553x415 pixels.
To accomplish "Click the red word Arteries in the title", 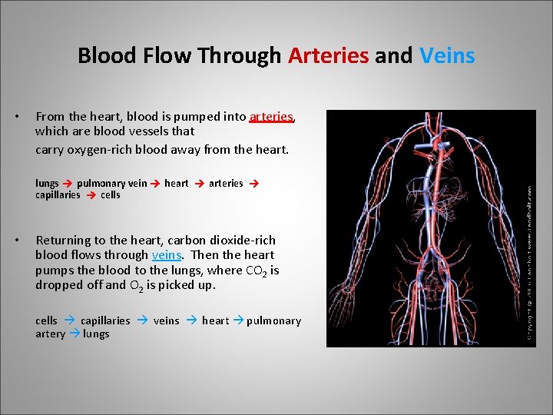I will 329,56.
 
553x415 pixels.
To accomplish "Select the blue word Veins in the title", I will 448,56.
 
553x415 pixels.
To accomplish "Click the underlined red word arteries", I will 271,117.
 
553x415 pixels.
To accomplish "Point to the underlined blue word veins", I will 167,255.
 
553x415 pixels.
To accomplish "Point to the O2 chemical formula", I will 133,286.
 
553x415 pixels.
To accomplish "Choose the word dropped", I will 58,285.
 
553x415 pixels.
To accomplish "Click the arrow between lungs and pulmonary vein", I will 68,184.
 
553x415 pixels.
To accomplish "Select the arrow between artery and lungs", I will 75,334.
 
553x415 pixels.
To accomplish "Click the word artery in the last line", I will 50,334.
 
